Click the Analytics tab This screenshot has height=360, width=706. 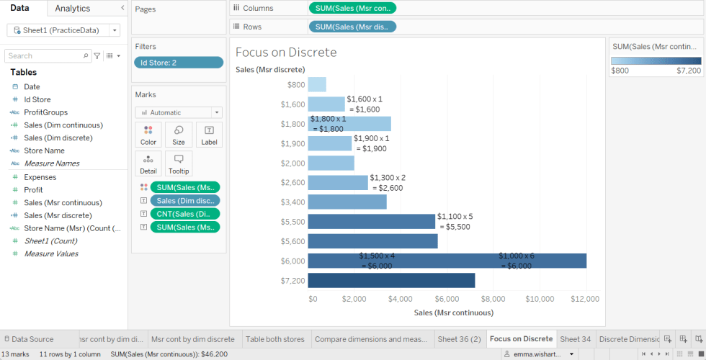(73, 9)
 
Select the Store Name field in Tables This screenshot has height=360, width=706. (44, 150)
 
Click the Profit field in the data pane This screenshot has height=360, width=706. (34, 189)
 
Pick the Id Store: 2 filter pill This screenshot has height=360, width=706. (178, 63)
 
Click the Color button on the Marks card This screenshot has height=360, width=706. (148, 135)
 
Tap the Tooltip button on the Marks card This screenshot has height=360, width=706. (178, 163)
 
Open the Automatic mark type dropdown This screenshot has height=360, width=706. (179, 112)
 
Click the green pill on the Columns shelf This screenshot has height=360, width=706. (352, 8)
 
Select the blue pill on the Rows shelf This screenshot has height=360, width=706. (352, 27)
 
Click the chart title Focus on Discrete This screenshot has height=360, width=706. (286, 53)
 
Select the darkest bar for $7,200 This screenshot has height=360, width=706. (391, 280)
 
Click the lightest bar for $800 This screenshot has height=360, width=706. (317, 84)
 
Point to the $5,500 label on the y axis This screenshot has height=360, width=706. (292, 222)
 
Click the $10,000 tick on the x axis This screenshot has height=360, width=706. (540, 299)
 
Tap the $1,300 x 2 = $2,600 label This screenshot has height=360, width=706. (388, 183)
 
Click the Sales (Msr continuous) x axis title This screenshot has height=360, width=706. (453, 312)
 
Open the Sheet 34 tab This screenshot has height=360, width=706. (575, 339)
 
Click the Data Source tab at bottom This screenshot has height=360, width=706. (32, 339)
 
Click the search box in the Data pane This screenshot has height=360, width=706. (45, 55)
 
